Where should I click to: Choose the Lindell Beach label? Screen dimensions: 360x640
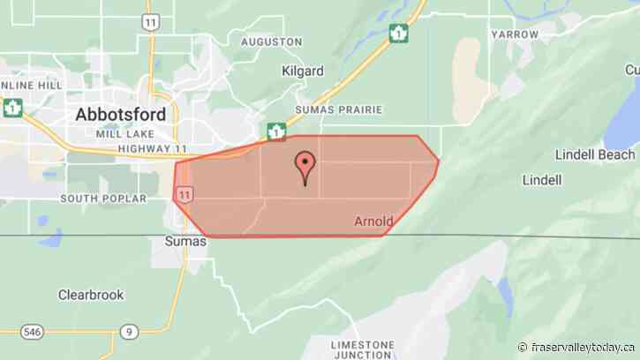click(x=595, y=154)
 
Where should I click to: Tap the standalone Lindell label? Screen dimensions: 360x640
click(x=541, y=180)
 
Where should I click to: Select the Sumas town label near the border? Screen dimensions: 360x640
click(x=185, y=241)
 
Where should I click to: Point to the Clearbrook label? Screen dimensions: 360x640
click(x=91, y=295)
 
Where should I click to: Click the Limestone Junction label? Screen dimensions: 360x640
click(x=361, y=349)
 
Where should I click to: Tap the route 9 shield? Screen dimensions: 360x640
click(x=130, y=332)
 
